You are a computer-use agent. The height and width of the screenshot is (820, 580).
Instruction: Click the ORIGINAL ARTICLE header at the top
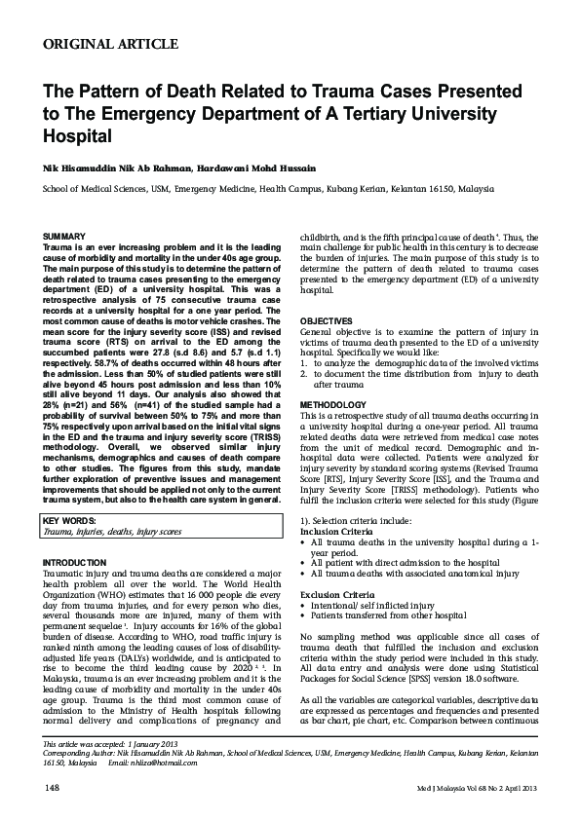coord(111,44)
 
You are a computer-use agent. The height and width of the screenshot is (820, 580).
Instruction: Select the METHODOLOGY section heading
coord(334,403)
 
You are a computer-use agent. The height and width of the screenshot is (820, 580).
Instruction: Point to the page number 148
coord(54,786)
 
